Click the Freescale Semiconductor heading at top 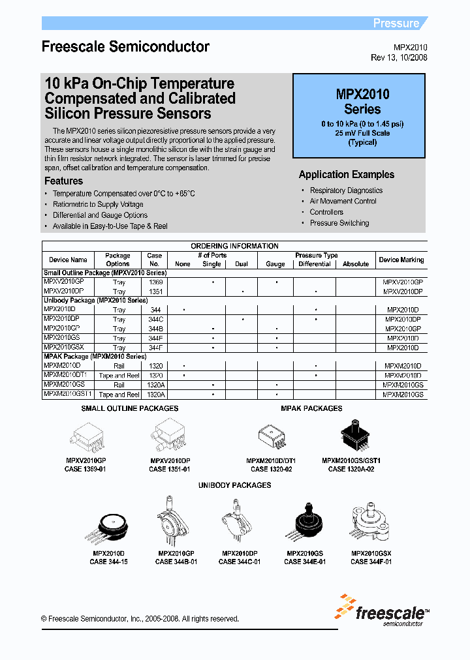125,47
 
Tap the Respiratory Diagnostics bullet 346,190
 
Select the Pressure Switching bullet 339,223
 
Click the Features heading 63,181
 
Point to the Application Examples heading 347,175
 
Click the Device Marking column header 401,260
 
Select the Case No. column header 155,260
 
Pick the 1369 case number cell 155,282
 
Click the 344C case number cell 155,320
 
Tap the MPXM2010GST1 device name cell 69,394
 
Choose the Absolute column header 356,264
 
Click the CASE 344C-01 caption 240,562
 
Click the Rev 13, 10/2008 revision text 399,57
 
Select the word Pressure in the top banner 396,23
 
